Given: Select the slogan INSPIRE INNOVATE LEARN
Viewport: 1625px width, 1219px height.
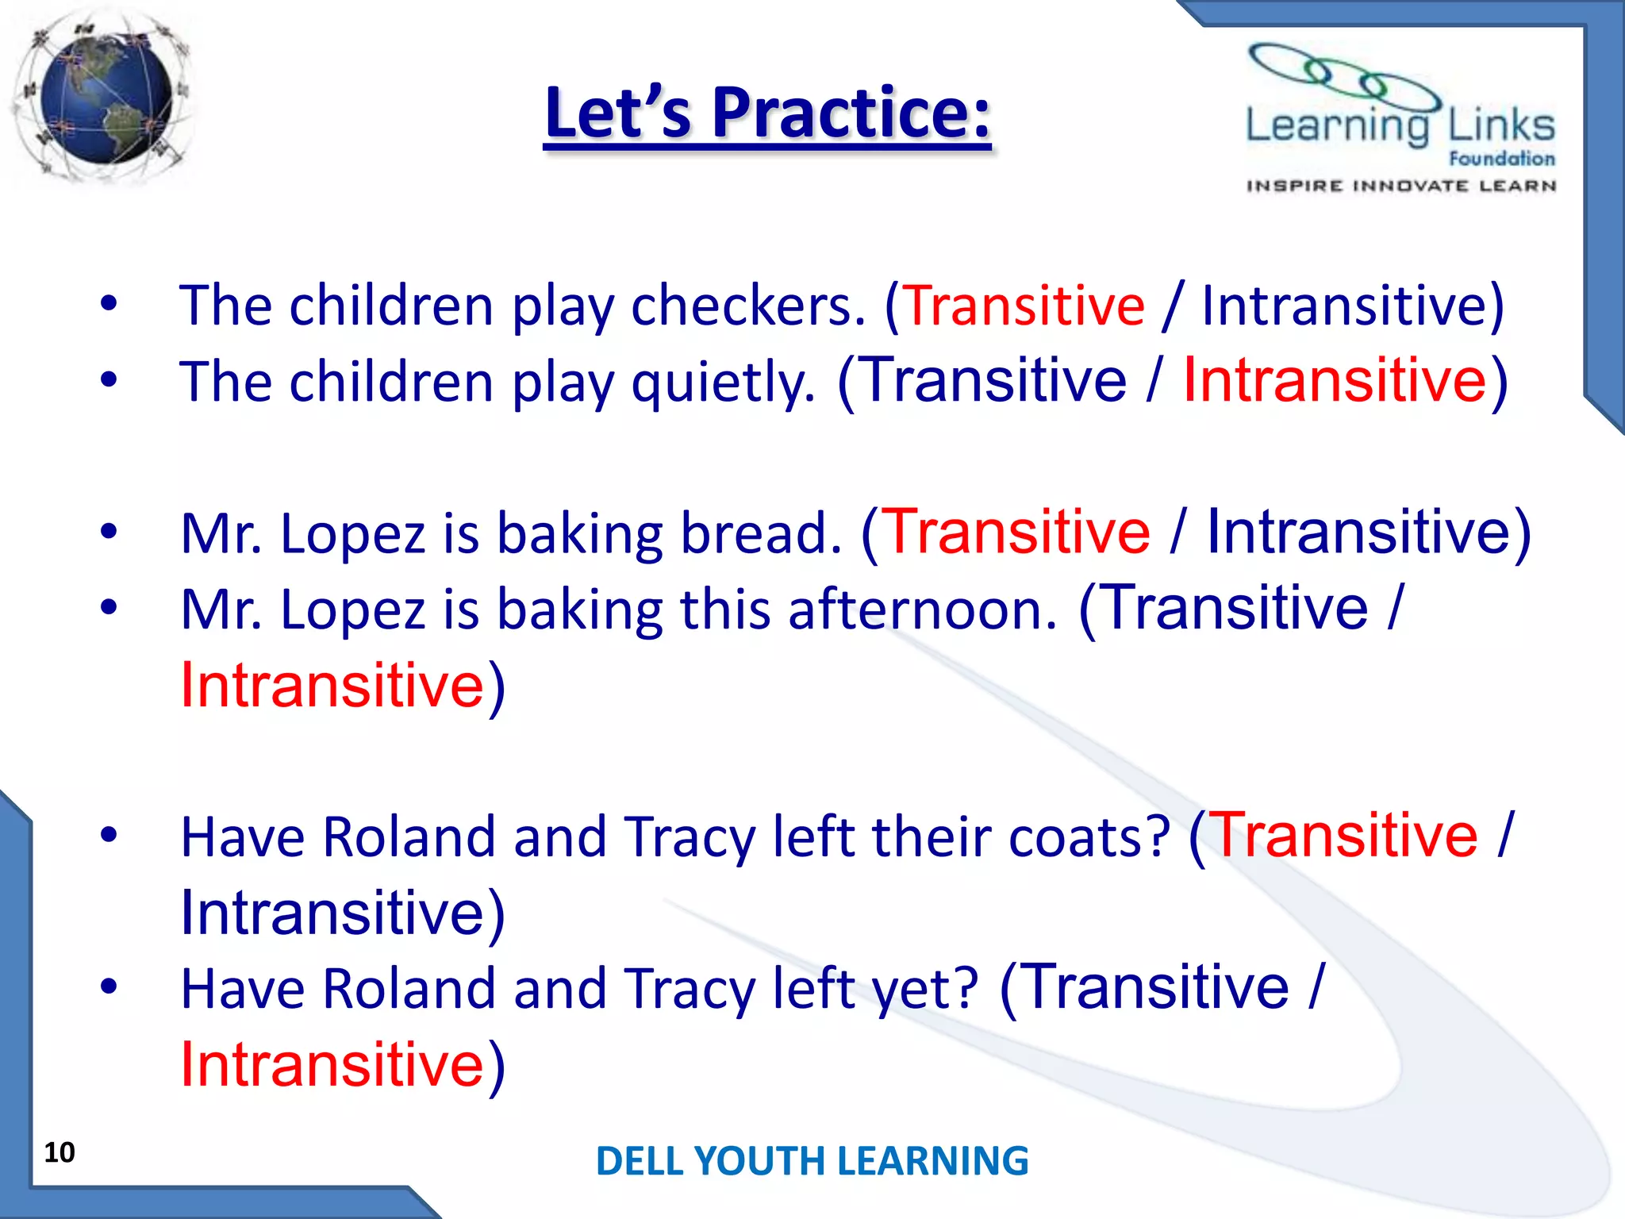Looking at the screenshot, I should [x=1401, y=186].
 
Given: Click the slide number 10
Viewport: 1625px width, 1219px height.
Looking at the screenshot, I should [x=60, y=1152].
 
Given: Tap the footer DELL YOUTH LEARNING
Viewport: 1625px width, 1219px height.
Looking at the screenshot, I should [x=812, y=1160].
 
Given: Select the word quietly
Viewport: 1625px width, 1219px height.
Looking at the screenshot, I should [x=723, y=383].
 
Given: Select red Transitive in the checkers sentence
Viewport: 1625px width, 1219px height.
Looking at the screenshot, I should [x=1024, y=306].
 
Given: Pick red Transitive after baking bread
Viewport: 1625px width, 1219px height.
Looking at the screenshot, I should [x=1016, y=531].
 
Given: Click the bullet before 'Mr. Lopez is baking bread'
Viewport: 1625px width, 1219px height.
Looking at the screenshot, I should [x=109, y=531].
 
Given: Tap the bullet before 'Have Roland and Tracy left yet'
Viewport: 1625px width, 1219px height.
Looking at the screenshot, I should [x=109, y=987].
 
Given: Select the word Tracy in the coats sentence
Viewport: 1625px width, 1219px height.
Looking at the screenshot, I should [x=690, y=837].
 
